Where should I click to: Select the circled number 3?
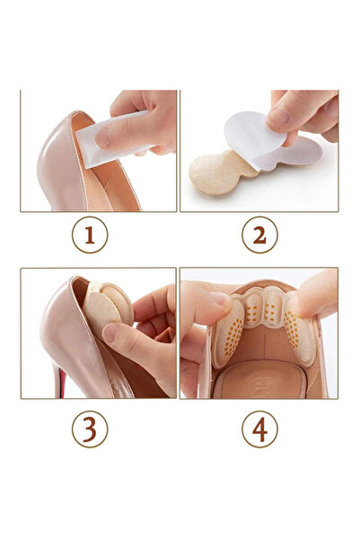pyautogui.click(x=90, y=429)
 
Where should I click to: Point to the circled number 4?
pyautogui.click(x=259, y=429)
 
